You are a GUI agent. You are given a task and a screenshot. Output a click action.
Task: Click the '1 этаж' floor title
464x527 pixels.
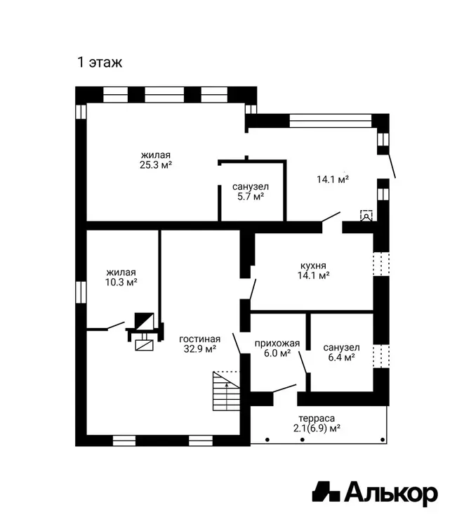pyautogui.click(x=100, y=63)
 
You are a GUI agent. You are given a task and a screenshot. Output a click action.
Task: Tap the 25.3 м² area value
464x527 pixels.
pyautogui.click(x=156, y=165)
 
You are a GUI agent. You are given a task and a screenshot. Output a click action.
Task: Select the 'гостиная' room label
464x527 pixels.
pyautogui.click(x=200, y=339)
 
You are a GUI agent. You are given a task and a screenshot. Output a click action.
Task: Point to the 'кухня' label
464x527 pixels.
pyautogui.click(x=313, y=266)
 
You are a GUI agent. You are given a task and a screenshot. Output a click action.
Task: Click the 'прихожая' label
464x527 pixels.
pyautogui.click(x=277, y=344)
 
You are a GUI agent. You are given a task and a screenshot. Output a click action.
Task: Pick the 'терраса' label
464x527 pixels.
pyautogui.click(x=317, y=419)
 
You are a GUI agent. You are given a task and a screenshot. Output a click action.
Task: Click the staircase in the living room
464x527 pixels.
pyautogui.click(x=226, y=391)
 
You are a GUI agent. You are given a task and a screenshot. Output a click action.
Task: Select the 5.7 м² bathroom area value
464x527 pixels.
pyautogui.click(x=251, y=197)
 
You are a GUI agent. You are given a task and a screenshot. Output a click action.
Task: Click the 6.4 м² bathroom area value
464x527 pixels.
pyautogui.click(x=341, y=357)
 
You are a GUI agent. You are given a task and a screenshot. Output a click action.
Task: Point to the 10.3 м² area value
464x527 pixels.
pyautogui.click(x=121, y=282)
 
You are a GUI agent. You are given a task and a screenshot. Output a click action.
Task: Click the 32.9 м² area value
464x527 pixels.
pyautogui.click(x=200, y=349)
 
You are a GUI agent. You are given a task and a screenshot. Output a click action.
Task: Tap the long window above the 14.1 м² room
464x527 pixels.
pyautogui.click(x=331, y=121)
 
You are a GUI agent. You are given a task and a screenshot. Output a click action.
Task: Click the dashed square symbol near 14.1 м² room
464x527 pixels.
pyautogui.click(x=366, y=216)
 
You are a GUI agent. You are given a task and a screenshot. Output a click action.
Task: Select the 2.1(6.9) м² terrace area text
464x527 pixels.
pyautogui.click(x=317, y=429)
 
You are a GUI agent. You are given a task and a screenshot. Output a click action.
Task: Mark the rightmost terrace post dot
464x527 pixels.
pyautogui.click(x=383, y=440)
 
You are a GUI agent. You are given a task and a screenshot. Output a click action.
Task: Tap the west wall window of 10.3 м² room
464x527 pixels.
pyautogui.click(x=81, y=292)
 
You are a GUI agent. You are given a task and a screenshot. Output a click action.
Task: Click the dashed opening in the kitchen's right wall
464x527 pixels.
pyautogui.click(x=381, y=264)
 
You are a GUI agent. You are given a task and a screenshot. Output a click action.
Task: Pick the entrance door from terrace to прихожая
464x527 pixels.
pyautogui.click(x=285, y=389)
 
